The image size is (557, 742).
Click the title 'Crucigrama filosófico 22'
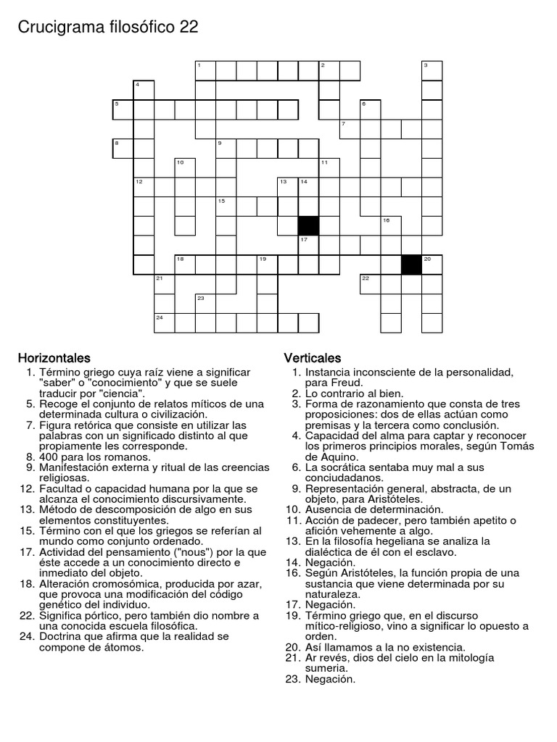coord(107,28)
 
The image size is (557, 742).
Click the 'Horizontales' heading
coord(54,358)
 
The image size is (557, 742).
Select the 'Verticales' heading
coord(313,358)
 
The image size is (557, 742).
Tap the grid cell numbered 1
coord(206,70)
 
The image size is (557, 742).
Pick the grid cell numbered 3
coord(432,70)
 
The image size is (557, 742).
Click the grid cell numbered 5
coord(123,109)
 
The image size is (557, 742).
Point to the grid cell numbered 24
coord(165,322)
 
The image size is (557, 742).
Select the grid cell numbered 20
coord(432,264)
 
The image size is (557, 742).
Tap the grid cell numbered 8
coord(123,149)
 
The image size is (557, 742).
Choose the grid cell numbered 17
coord(309,245)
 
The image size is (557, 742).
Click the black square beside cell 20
coord(412,264)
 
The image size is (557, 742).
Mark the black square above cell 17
coord(309,225)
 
